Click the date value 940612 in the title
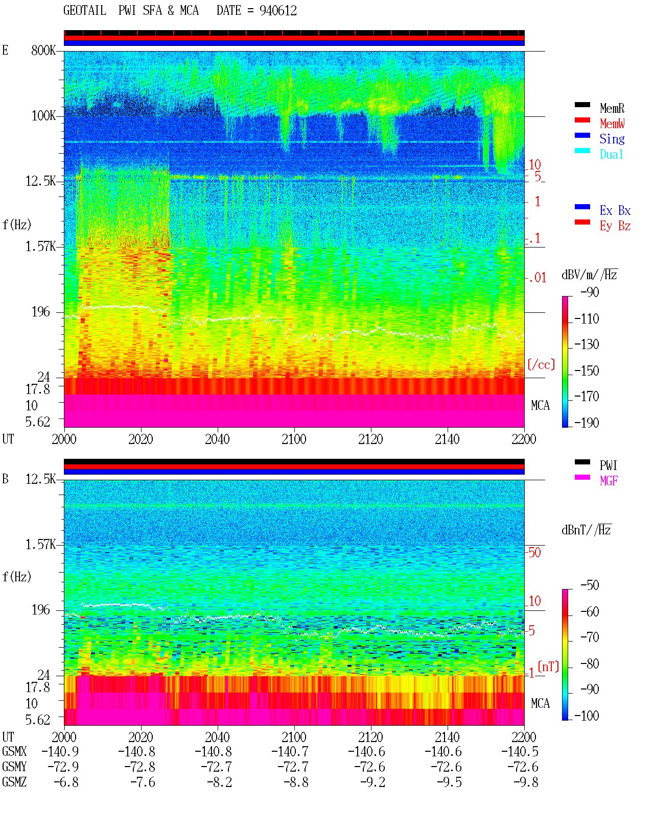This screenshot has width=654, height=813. click(x=278, y=11)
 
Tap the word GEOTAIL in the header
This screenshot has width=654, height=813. click(x=85, y=11)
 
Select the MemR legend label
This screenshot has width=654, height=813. click(x=612, y=108)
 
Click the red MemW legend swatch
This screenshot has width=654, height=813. click(x=582, y=120)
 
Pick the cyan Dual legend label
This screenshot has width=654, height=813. click(x=612, y=154)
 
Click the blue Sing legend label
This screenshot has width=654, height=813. click(x=612, y=139)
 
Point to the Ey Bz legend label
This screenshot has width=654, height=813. click(x=615, y=226)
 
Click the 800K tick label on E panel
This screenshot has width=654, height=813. click(x=43, y=50)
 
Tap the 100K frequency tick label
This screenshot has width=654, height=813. click(x=43, y=116)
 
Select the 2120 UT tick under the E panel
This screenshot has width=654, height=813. click(x=371, y=439)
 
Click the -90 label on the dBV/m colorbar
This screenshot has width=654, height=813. click(x=590, y=292)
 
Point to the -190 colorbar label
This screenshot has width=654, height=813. click(x=587, y=423)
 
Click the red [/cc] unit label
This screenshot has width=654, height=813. click(x=541, y=364)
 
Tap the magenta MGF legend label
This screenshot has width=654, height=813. click(x=609, y=481)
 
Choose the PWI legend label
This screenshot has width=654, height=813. click(x=609, y=465)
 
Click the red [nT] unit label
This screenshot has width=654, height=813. click(x=548, y=667)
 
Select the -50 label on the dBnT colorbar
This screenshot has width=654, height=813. click(x=590, y=585)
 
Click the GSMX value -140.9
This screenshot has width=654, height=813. click(x=60, y=751)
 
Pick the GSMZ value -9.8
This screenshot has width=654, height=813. click(x=526, y=782)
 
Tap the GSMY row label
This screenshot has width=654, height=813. click(x=14, y=767)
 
